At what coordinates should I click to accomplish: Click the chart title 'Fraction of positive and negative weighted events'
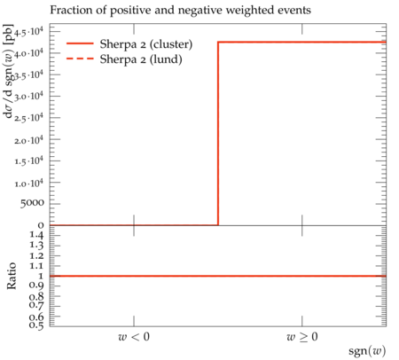[x=180, y=11]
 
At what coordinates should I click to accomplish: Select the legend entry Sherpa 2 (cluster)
[x=146, y=44]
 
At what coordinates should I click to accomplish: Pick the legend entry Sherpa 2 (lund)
[x=141, y=59]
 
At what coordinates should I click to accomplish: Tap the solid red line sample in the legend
[x=80, y=43]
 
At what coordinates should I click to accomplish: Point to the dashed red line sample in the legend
[x=80, y=59]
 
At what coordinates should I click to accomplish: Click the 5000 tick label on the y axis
[x=32, y=203]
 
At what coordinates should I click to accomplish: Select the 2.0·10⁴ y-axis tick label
[x=28, y=139]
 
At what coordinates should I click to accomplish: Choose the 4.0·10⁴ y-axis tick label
[x=28, y=53]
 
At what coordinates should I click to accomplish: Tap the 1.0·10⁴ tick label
[x=28, y=183]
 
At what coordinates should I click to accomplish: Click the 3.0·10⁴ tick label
[x=28, y=96]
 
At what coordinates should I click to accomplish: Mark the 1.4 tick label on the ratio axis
[x=36, y=236]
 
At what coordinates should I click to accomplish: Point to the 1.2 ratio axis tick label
[x=36, y=255]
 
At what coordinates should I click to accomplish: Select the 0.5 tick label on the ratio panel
[x=36, y=325]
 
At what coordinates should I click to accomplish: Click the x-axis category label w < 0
[x=134, y=337]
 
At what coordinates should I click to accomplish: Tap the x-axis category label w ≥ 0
[x=302, y=337]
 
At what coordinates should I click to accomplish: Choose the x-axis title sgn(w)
[x=367, y=351]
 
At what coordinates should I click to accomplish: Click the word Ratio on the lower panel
[x=12, y=276]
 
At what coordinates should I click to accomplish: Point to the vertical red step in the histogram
[x=218, y=134]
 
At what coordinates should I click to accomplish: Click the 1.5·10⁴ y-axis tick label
[x=28, y=160]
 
